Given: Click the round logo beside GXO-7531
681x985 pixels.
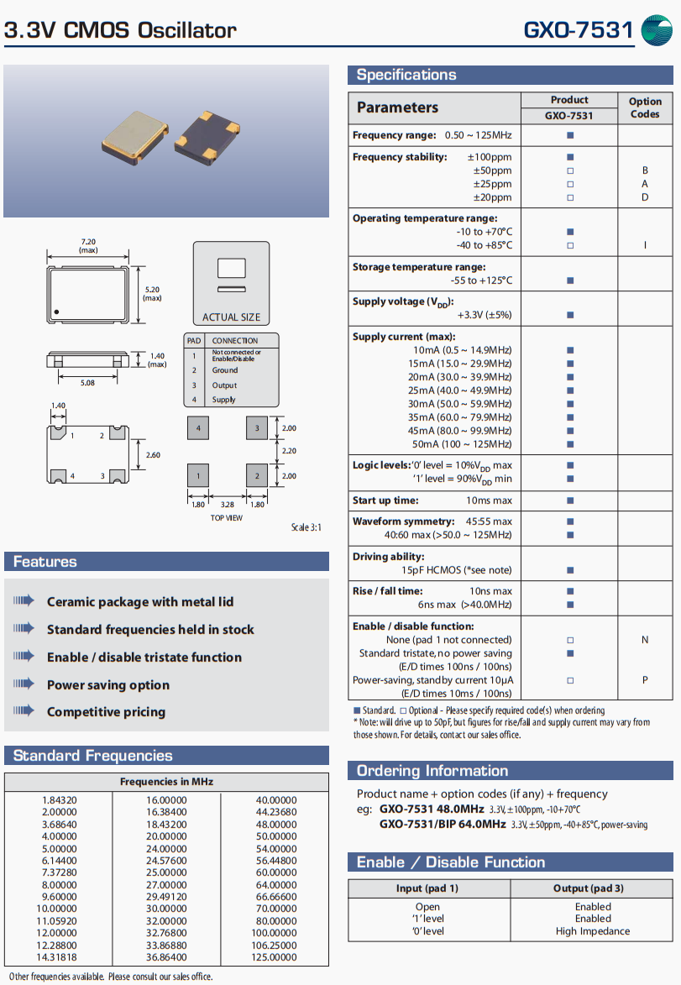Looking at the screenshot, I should (657, 30).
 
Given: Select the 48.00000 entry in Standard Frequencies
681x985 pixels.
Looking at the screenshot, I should (276, 825).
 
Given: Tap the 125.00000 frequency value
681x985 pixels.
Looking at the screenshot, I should (276, 957).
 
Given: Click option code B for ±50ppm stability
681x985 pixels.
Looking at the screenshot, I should (645, 170).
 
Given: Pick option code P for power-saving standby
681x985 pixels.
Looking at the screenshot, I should (645, 680).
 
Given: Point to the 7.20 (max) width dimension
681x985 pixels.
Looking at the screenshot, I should (88, 245).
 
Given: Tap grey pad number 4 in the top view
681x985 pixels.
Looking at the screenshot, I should (198, 428).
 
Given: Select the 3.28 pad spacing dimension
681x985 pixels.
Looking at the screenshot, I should (228, 505).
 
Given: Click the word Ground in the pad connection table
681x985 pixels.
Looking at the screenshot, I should (225, 370).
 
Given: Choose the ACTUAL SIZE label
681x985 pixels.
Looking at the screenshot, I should (232, 317).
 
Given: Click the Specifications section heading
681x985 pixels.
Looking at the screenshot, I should (406, 75).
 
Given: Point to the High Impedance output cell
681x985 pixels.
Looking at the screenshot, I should (593, 931).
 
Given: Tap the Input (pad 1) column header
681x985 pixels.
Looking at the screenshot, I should (427, 888).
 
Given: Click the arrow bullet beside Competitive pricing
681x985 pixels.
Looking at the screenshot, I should (24, 711).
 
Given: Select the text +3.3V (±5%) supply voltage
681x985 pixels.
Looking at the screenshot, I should (485, 315).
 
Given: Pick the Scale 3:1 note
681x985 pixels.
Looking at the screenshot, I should (306, 527).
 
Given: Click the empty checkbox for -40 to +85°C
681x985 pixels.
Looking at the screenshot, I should (570, 245).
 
